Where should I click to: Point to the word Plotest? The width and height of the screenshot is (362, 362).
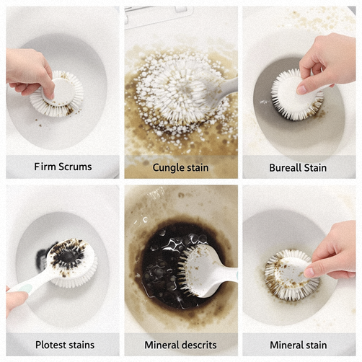(50, 345)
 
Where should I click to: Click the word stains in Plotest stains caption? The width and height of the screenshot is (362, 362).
(81, 345)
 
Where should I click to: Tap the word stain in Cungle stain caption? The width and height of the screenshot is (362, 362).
(197, 168)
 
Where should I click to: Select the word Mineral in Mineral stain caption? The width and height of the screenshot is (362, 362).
(286, 345)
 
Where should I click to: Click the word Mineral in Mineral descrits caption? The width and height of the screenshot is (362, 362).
(160, 345)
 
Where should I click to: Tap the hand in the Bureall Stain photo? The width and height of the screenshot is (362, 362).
(327, 63)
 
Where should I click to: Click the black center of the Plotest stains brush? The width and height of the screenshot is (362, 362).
(68, 256)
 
